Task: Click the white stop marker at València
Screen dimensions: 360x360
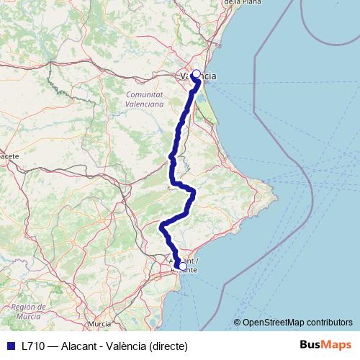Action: [x=196, y=73]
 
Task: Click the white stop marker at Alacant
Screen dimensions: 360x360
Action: [x=182, y=266]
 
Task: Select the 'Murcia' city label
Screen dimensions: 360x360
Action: [x=99, y=325]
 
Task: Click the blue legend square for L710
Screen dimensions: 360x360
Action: [x=10, y=346]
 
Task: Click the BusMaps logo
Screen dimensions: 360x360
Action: [x=326, y=345]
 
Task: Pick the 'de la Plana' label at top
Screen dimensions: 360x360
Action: [x=242, y=3]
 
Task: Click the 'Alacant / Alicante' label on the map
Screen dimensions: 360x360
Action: [x=184, y=264]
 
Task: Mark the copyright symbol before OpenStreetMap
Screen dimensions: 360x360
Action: [x=238, y=322]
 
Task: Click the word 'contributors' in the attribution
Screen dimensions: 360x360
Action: [x=329, y=322]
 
